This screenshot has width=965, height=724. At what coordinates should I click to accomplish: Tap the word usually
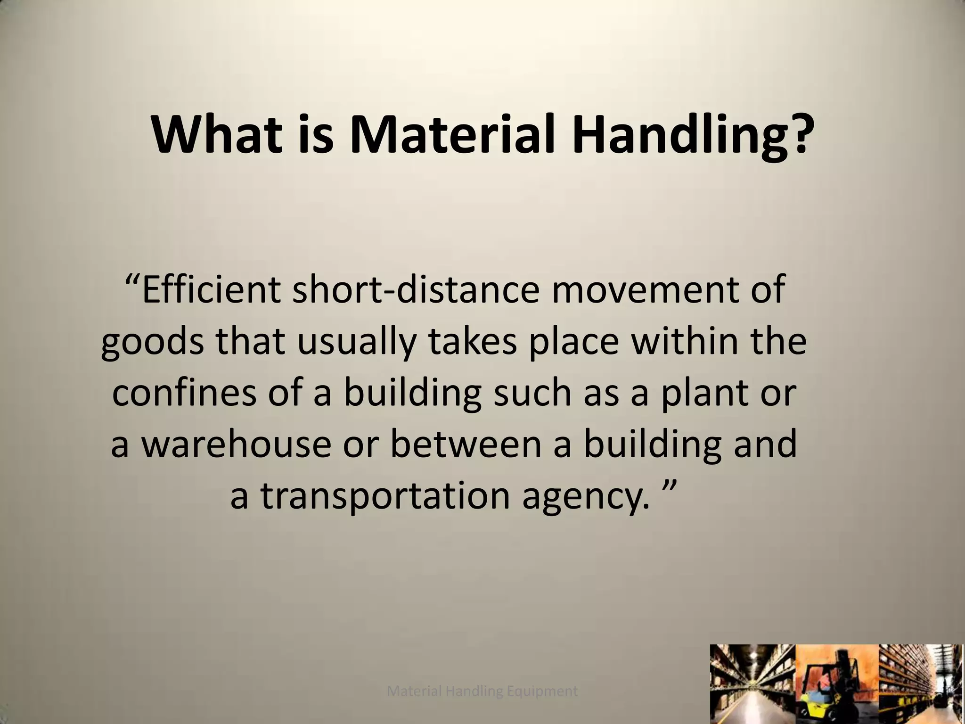(x=354, y=343)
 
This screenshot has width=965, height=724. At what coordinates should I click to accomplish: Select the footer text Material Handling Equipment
(x=482, y=691)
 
